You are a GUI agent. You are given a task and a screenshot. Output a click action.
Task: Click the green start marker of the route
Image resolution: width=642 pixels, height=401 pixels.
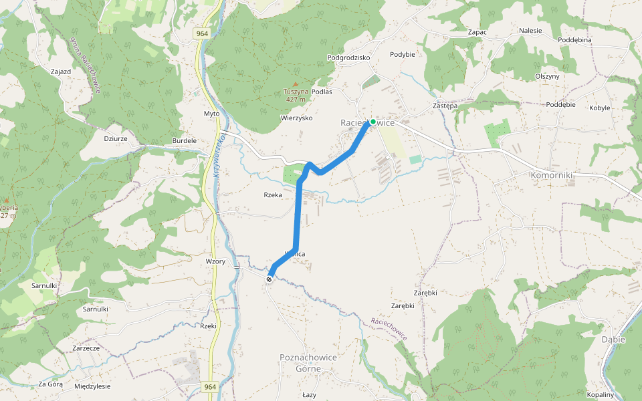[372, 122]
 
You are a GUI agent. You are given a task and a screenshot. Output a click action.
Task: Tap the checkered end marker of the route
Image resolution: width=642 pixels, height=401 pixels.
[270, 279]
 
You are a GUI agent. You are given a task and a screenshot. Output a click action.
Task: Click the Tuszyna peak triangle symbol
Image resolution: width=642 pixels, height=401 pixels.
[296, 84]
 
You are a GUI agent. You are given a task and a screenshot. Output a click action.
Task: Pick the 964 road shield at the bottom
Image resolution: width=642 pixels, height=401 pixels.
[210, 386]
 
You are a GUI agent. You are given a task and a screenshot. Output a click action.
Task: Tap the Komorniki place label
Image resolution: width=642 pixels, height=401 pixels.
[551, 175]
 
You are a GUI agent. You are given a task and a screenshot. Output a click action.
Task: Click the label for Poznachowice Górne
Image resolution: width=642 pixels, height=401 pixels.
[308, 363]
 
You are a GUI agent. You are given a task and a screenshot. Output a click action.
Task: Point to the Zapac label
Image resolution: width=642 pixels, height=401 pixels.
[477, 31]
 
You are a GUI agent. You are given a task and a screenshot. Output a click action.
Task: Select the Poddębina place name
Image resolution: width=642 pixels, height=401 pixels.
[575, 40]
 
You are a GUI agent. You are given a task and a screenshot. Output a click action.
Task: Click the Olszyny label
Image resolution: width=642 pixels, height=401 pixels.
[547, 76]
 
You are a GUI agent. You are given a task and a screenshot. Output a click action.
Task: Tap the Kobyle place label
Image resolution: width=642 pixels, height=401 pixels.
[599, 108]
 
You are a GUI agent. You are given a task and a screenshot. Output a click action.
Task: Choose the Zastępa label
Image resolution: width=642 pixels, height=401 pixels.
[445, 106]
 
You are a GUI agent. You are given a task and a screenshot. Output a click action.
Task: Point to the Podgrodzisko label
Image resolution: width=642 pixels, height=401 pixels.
[348, 57]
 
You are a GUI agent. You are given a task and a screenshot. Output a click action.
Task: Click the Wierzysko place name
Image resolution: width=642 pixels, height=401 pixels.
[296, 118]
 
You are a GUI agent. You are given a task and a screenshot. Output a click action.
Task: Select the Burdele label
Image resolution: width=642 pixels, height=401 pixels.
[185, 141]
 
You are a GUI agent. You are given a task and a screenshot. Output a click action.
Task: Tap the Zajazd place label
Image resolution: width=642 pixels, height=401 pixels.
[61, 71]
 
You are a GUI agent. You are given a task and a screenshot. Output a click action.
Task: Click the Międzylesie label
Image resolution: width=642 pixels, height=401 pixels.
[92, 386]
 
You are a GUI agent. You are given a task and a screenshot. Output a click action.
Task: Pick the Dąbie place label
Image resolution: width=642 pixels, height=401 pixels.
[613, 340]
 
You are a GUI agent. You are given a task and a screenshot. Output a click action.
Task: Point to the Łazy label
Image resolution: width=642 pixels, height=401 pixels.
[309, 394]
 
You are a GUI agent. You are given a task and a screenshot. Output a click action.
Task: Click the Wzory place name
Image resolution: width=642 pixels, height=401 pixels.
[215, 261]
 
